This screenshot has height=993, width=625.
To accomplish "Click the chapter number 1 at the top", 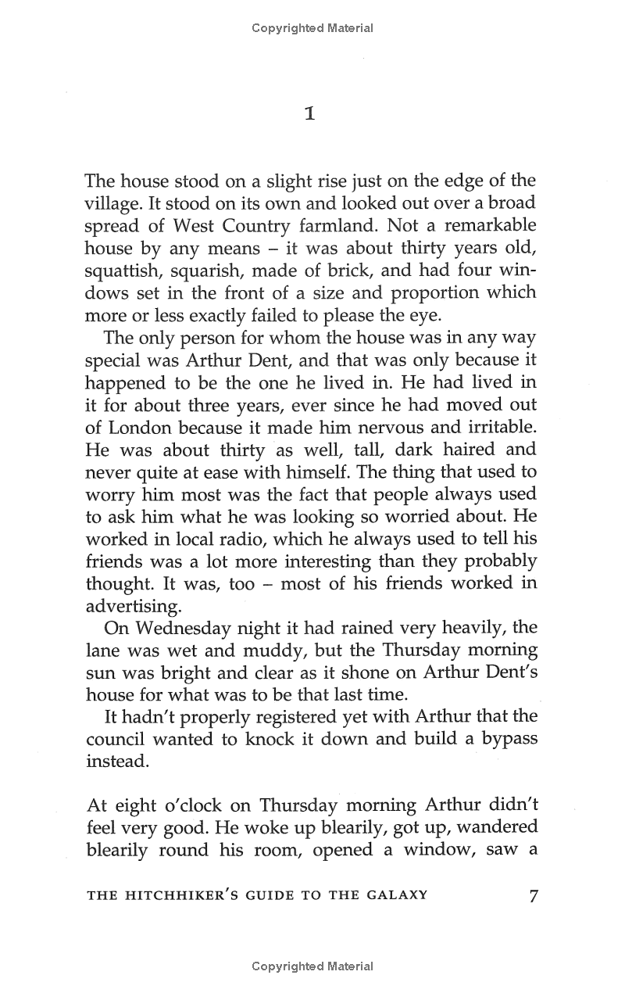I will point(310,114).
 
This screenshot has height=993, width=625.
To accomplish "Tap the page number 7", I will point(534,895).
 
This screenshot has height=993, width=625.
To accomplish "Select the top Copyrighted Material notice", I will point(312,28).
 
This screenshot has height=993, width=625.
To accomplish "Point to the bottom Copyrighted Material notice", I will point(312,966).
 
